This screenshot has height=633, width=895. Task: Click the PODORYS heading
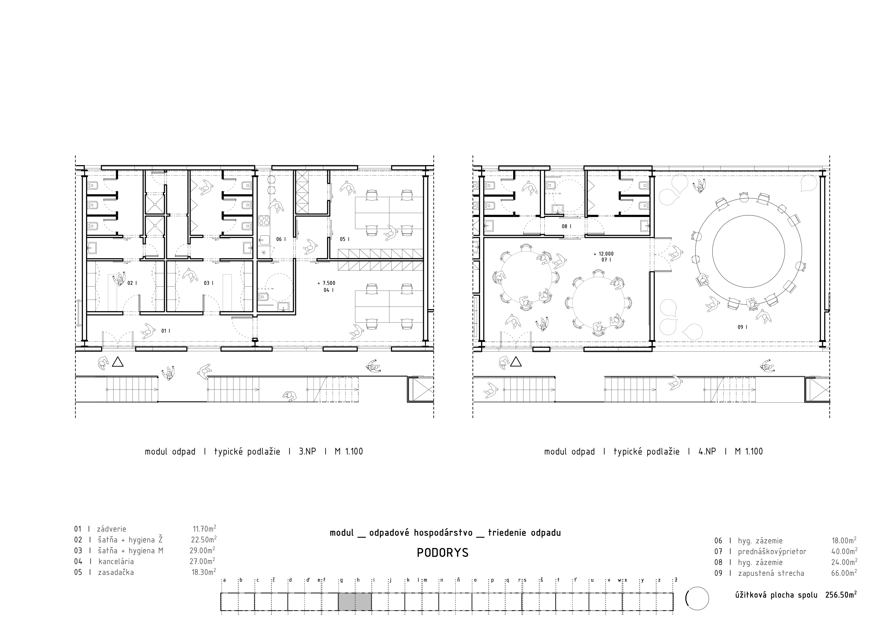pos(442,553)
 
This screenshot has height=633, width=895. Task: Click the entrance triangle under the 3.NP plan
pos(118,363)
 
